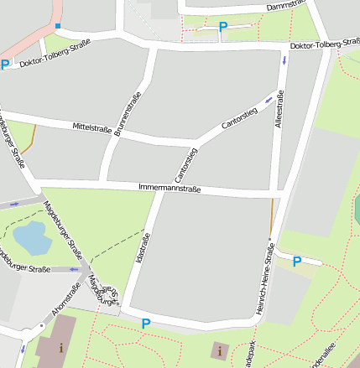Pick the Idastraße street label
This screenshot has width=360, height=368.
point(143,249)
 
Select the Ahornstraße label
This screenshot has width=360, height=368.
point(66,299)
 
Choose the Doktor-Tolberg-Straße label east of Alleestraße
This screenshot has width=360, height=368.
point(324,44)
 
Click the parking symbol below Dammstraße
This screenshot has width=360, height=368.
point(222,27)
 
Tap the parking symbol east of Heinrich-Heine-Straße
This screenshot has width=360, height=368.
point(296,262)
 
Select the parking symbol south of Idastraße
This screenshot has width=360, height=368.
point(146,324)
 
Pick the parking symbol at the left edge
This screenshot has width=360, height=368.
point(5,65)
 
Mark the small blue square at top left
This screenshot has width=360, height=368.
point(58,26)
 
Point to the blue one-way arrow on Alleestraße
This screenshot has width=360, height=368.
point(284,60)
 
